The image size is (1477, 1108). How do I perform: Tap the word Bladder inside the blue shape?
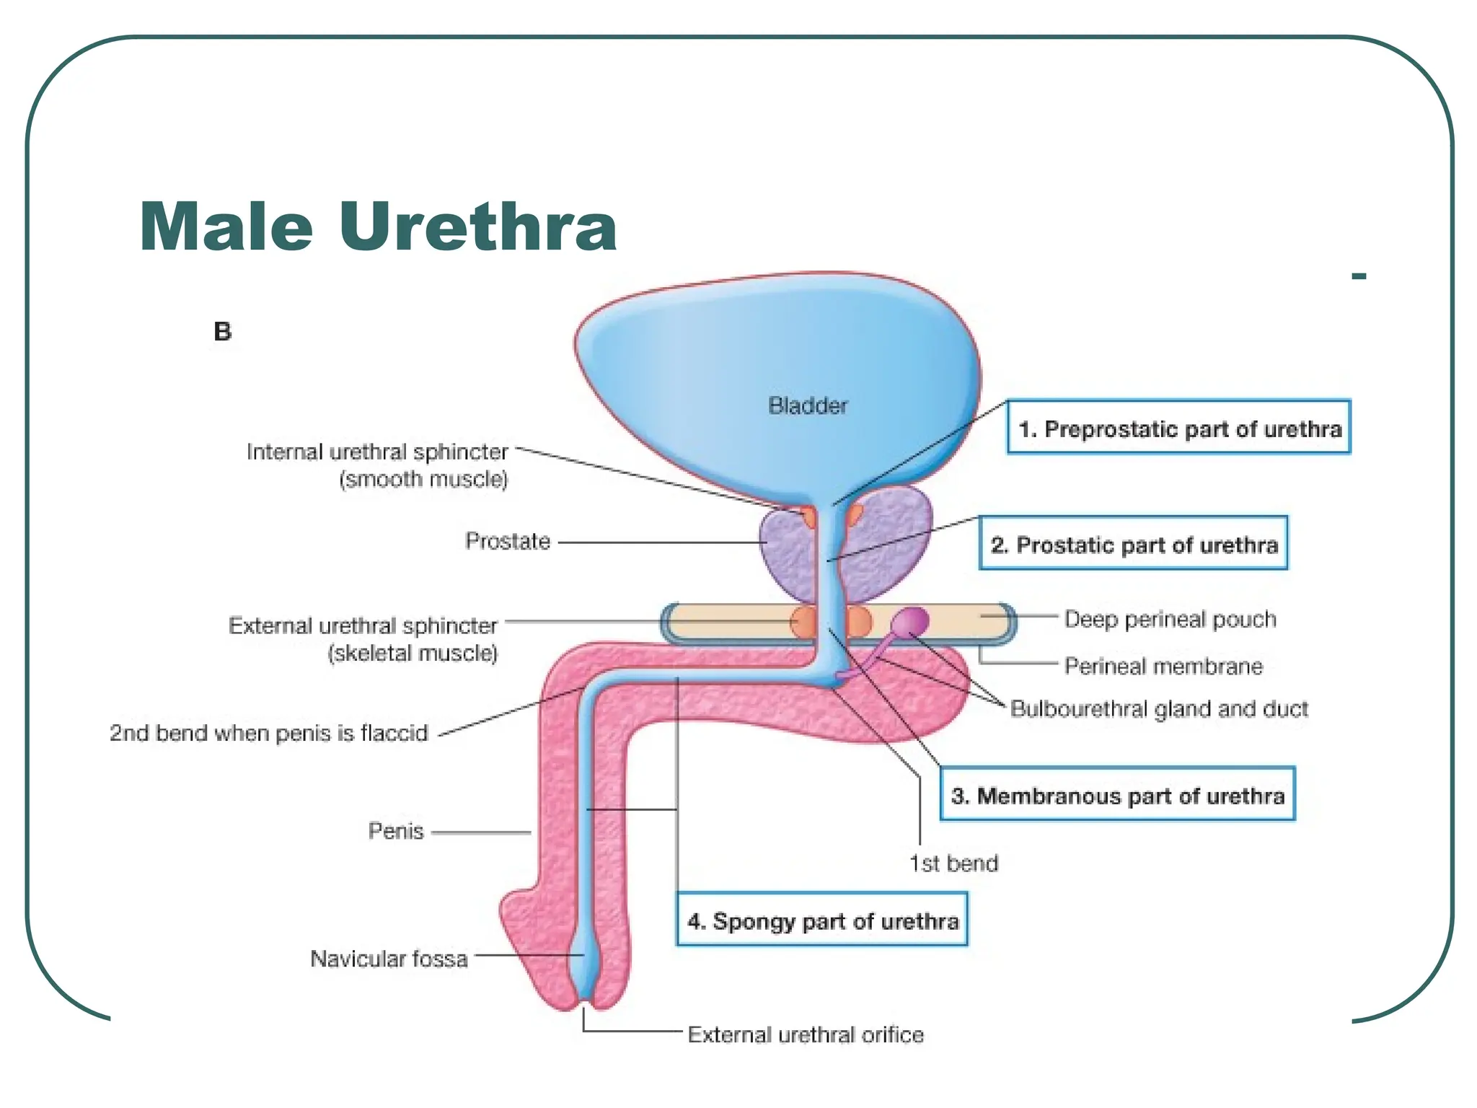tap(808, 405)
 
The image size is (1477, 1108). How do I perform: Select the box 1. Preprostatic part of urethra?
tap(1178, 427)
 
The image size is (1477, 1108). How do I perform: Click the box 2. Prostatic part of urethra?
tap(1133, 543)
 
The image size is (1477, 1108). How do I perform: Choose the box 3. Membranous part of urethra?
tap(1117, 794)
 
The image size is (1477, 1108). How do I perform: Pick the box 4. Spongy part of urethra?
tap(821, 920)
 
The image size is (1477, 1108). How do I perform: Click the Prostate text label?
tap(508, 541)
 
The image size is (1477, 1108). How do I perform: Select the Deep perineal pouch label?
tap(1170, 619)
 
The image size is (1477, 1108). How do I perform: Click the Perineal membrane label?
tap(1163, 666)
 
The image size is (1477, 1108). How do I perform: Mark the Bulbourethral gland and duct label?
tap(1159, 709)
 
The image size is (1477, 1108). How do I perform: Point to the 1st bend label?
tap(953, 863)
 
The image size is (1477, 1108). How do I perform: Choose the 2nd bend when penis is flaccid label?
tap(268, 733)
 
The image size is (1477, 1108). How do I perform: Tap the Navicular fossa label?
tap(389, 959)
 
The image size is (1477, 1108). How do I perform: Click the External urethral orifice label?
tap(806, 1034)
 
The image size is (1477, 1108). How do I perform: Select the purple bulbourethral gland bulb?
tap(911, 620)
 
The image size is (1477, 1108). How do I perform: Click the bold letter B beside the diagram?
tap(223, 331)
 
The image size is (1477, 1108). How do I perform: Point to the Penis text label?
tap(395, 831)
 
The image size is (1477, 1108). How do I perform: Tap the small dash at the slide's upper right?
tap(1359, 276)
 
